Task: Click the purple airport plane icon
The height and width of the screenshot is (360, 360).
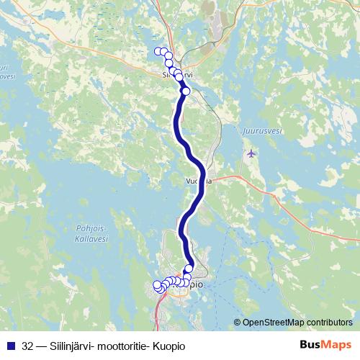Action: pyautogui.click(x=251, y=153)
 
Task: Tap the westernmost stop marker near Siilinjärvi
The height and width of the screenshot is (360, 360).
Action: pyautogui.click(x=158, y=50)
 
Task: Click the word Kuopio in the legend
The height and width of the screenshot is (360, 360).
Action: pyautogui.click(x=168, y=346)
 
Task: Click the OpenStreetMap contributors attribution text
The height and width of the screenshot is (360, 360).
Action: pyautogui.click(x=297, y=323)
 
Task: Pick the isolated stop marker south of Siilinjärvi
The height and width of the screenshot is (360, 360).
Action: pyautogui.click(x=186, y=91)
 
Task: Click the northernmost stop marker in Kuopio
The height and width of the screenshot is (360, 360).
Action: pyautogui.click(x=189, y=269)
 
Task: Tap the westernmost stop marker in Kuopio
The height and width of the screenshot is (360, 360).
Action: pyautogui.click(x=157, y=286)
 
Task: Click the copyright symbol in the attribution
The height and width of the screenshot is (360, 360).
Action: pyautogui.click(x=237, y=323)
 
